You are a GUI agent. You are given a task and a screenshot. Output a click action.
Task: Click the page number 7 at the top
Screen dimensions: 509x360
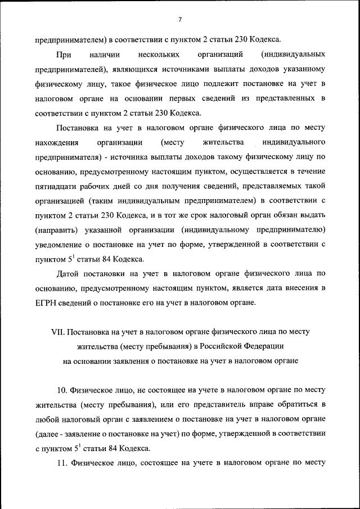point(180,20)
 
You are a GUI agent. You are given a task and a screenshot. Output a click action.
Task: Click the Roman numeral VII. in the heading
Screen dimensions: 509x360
point(59,332)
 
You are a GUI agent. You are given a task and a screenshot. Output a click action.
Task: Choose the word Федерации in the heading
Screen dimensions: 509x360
point(265,346)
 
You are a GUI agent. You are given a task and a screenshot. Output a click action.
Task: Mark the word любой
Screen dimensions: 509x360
point(47,420)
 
